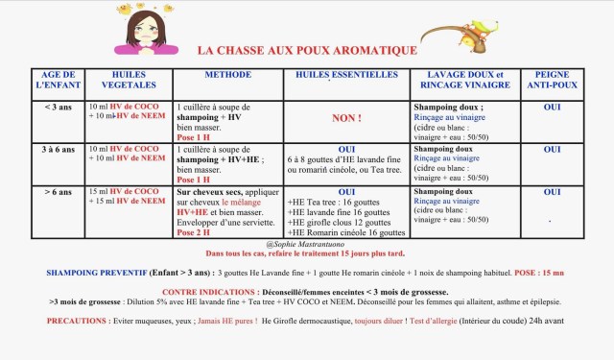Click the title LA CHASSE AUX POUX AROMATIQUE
(307, 50)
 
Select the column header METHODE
(227, 74)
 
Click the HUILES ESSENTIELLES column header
(346, 74)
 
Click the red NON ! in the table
(346, 120)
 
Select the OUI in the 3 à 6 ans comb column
(552, 150)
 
